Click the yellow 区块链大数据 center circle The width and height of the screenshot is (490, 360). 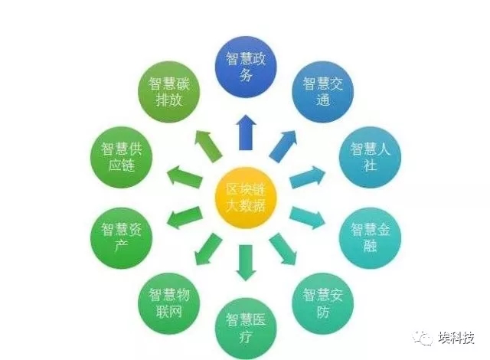[x=246, y=198]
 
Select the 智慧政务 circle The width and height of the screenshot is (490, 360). [x=246, y=67]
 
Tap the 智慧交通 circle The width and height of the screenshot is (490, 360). [x=323, y=92]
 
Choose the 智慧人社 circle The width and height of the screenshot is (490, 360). [x=370, y=157]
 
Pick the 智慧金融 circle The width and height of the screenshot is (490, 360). [x=370, y=238]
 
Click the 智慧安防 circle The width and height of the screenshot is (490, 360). [x=323, y=304]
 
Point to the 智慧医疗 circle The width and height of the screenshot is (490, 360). [x=246, y=329]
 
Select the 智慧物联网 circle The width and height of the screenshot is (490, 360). [x=168, y=304]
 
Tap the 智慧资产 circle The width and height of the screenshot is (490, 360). [x=121, y=238]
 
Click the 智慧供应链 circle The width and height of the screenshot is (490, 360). [x=121, y=157]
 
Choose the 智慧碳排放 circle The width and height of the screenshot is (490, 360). [x=168, y=92]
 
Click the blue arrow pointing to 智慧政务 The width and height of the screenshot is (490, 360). [x=246, y=133]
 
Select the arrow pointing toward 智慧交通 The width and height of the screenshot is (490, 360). [x=283, y=146]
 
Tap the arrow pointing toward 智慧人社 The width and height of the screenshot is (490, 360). [x=308, y=177]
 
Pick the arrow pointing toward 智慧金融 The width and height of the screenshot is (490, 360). [x=308, y=218]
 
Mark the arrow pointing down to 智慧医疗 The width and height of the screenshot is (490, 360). [x=246, y=263]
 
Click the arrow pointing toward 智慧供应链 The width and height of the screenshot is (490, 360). [x=185, y=176]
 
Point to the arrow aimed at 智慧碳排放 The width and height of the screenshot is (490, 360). [x=208, y=146]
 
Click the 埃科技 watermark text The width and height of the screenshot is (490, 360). [x=456, y=338]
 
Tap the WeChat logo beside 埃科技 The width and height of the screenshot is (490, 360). [x=423, y=338]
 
